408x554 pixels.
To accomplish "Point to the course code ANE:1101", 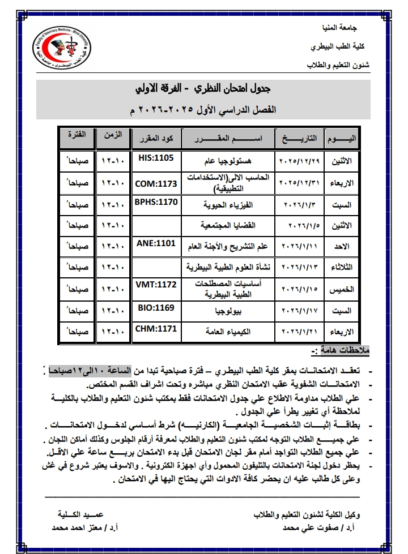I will click(157, 243).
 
